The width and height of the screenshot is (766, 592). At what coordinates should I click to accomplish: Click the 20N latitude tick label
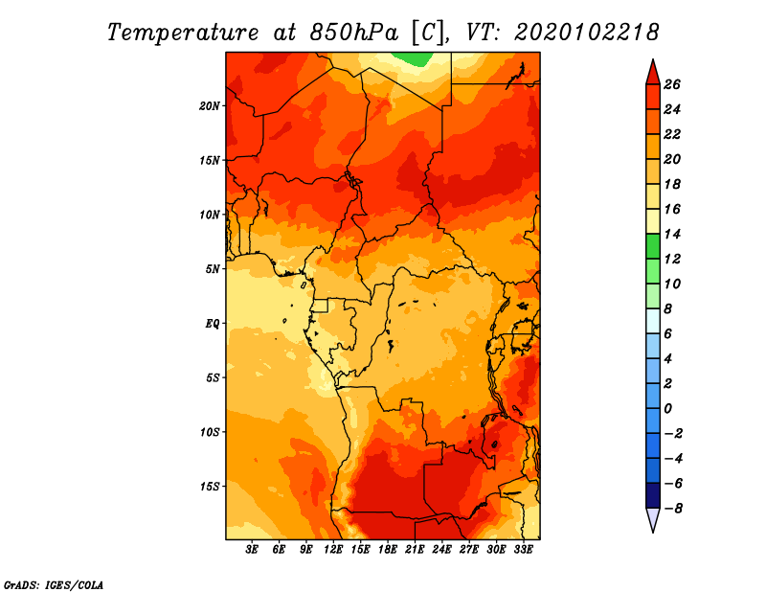pyautogui.click(x=210, y=105)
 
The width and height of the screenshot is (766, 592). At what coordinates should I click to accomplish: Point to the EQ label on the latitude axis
pyautogui.click(x=213, y=324)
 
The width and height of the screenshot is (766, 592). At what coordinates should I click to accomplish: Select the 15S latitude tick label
pyautogui.click(x=210, y=487)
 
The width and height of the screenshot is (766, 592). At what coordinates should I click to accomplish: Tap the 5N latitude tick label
pyautogui.click(x=213, y=269)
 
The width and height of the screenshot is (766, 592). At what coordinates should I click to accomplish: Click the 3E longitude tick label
pyautogui.click(x=252, y=550)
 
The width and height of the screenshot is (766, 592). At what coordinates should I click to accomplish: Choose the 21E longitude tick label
pyautogui.click(x=415, y=550)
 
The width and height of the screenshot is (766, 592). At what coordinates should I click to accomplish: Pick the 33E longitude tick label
pyautogui.click(x=523, y=550)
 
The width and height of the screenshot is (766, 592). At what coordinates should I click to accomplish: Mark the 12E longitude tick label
pyautogui.click(x=332, y=550)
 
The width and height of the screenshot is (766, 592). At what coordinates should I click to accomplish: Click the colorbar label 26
pyautogui.click(x=672, y=84)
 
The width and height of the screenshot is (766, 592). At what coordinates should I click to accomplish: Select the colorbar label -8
pyautogui.click(x=673, y=509)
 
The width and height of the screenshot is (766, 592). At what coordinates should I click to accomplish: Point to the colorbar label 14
pyautogui.click(x=672, y=234)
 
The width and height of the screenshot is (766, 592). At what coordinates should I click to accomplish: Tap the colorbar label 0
pyautogui.click(x=667, y=409)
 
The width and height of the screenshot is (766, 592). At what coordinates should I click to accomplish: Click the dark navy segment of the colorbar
pyautogui.click(x=653, y=495)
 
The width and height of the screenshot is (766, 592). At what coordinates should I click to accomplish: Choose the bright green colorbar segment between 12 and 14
pyautogui.click(x=653, y=246)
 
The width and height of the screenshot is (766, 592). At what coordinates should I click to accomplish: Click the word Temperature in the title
pyautogui.click(x=183, y=33)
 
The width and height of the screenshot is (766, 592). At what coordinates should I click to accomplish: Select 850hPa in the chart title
pyautogui.click(x=354, y=33)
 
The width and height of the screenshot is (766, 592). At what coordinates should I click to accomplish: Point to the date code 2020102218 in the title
pyautogui.click(x=586, y=33)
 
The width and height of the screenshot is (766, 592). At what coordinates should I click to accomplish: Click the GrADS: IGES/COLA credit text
pyautogui.click(x=54, y=585)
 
